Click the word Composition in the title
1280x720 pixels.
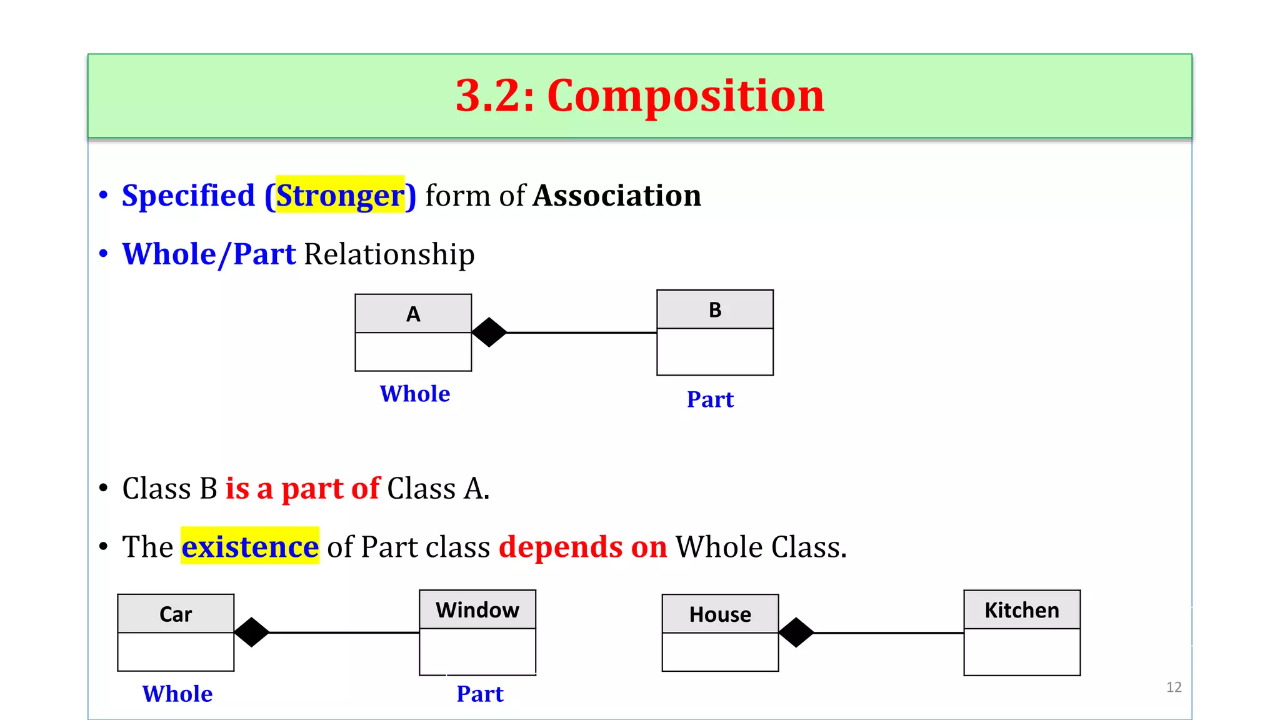686,96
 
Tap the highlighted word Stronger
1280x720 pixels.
340,196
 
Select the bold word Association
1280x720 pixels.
617,196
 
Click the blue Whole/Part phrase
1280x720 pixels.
209,254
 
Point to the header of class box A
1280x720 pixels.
413,314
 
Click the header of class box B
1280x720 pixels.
715,310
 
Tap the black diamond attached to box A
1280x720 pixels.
489,332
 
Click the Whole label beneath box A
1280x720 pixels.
415,394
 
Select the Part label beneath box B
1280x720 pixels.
710,399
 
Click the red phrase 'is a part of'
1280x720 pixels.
302,488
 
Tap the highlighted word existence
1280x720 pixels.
250,547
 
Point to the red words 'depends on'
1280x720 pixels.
582,547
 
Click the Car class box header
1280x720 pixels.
176,614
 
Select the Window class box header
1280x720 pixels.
477,610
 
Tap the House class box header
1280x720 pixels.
720,614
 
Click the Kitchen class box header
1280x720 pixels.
1022,610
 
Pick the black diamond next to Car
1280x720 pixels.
251,632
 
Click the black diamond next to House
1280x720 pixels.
796,632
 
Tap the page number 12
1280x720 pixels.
1174,687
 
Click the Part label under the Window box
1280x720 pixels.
479,694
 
